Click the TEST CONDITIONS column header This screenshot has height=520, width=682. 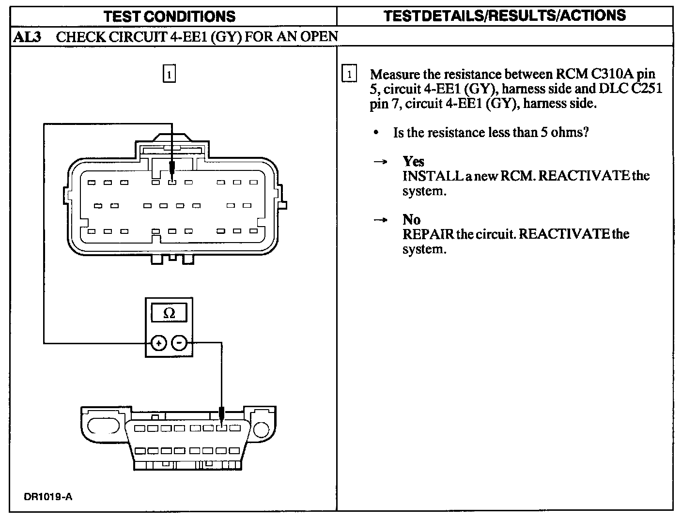coord(170,16)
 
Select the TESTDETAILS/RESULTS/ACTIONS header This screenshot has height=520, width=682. coord(505,15)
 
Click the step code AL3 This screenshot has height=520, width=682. coord(26,37)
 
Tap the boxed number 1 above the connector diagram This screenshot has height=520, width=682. coord(169,75)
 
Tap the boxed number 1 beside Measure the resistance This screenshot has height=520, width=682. coord(349,75)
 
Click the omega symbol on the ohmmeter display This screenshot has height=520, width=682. coord(169,313)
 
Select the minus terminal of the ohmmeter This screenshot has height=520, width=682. coord(179,343)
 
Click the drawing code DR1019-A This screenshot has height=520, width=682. coord(48,497)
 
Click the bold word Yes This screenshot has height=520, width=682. coord(413,161)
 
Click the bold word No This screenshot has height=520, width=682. coord(411,219)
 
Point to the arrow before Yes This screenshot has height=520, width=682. coord(381,162)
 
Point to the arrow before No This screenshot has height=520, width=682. coord(381,220)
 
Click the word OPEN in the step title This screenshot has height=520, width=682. coord(320,37)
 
